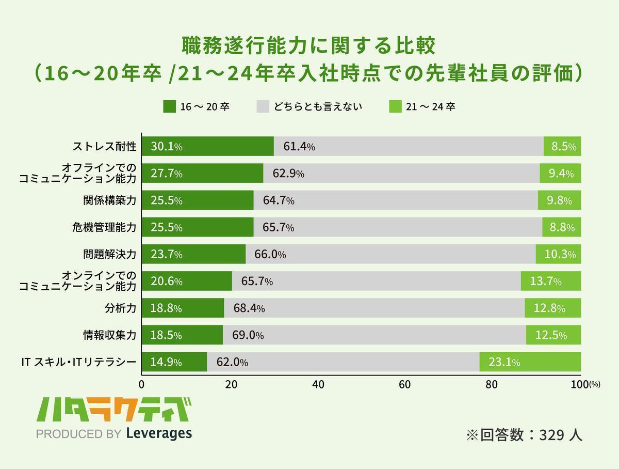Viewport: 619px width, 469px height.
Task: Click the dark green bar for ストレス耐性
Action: coord(207,146)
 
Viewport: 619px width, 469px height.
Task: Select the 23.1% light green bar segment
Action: coord(530,362)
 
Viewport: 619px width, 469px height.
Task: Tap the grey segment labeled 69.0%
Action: coord(374,335)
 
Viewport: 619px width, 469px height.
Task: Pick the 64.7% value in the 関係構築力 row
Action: coord(279,201)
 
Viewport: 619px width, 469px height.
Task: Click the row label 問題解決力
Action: coord(109,255)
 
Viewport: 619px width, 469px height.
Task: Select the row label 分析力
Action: coord(120,308)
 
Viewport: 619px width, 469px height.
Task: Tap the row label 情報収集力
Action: coord(109,335)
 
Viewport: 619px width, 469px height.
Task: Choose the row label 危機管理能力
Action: coord(104,228)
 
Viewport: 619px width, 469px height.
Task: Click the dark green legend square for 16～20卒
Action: coord(169,107)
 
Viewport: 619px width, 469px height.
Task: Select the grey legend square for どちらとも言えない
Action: coord(263,107)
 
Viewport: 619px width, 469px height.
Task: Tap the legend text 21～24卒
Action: coord(430,107)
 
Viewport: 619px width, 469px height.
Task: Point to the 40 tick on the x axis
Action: coord(318,384)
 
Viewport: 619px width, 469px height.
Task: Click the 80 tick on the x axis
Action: coord(492,384)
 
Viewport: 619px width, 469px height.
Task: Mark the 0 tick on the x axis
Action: coord(141,384)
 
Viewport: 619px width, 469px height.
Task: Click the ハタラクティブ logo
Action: coord(113,410)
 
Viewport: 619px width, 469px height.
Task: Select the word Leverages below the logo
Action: coord(158,433)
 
